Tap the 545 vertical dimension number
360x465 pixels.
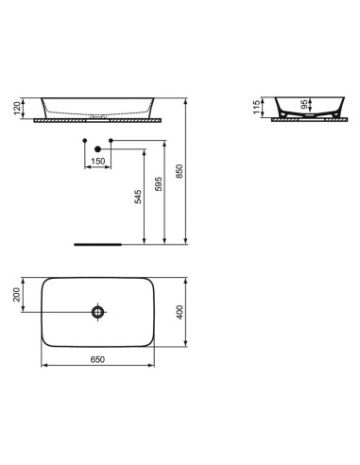[x=138, y=197]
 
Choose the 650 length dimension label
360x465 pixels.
[x=97, y=360]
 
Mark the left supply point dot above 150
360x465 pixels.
[x=86, y=142]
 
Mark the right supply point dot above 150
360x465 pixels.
[x=110, y=142]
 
